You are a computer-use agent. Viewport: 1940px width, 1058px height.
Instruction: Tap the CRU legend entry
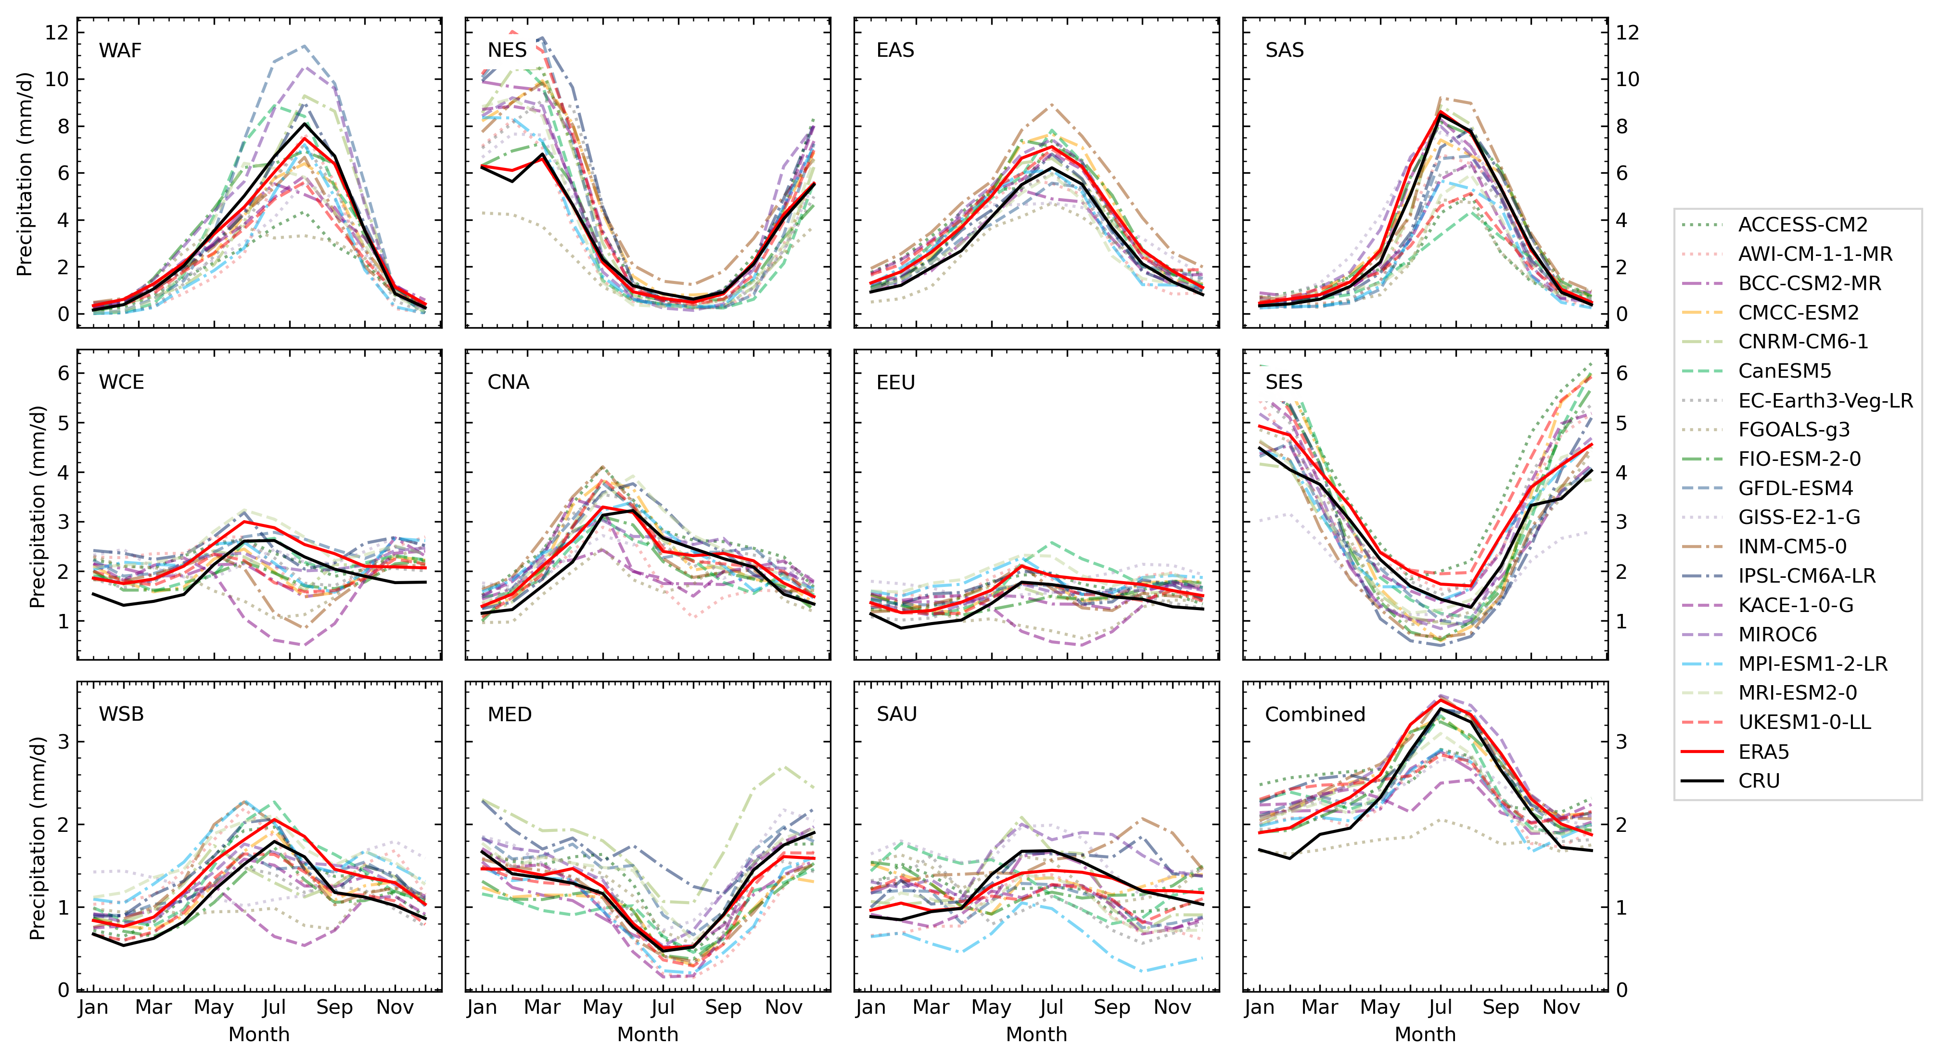(x=1759, y=781)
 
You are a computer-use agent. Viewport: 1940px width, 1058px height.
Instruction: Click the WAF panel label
(x=120, y=51)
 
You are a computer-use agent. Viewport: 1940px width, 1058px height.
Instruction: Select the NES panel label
(x=507, y=51)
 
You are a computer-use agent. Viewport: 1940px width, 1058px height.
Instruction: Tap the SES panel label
(x=1283, y=382)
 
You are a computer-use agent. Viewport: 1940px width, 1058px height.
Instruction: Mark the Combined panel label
(x=1315, y=714)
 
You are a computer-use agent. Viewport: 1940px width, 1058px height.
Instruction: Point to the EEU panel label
(x=895, y=382)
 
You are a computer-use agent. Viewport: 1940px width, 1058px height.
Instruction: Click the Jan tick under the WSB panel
(x=93, y=1007)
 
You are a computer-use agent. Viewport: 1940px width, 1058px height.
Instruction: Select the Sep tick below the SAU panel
(x=1111, y=1007)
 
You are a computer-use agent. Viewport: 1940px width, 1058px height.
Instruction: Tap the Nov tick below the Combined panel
(x=1560, y=1007)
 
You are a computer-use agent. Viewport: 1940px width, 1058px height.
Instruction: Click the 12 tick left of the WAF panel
(x=56, y=32)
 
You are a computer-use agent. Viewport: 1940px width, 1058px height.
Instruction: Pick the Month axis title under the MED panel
(x=648, y=1034)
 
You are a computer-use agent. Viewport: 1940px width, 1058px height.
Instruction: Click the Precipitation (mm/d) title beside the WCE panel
(x=38, y=506)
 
